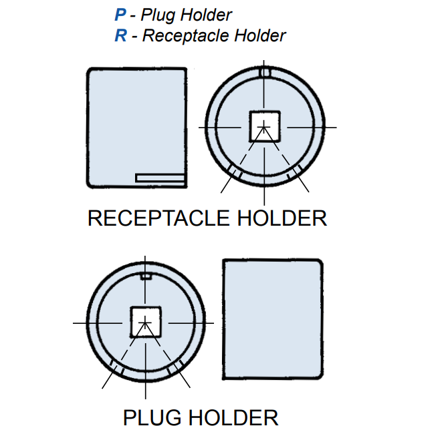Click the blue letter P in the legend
[120, 15]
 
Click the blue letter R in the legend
[120, 35]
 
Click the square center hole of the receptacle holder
[265, 126]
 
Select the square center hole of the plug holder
[146, 322]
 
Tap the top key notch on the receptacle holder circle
[265, 71]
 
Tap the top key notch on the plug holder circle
[146, 276]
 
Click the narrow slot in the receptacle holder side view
[160, 178]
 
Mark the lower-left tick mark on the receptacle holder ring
[235, 173]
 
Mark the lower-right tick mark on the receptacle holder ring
[294, 173]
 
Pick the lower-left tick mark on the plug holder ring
[117, 368]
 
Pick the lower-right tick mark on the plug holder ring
[175, 368]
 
